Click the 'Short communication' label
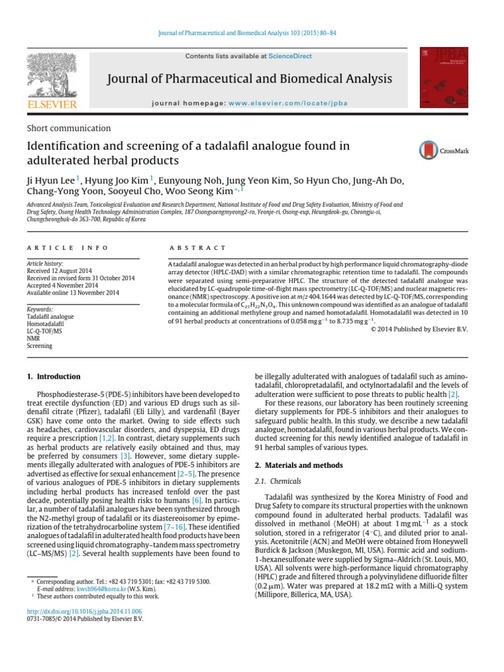coord(69,129)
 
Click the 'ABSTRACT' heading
coord(198,248)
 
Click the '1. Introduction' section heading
coord(54,377)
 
